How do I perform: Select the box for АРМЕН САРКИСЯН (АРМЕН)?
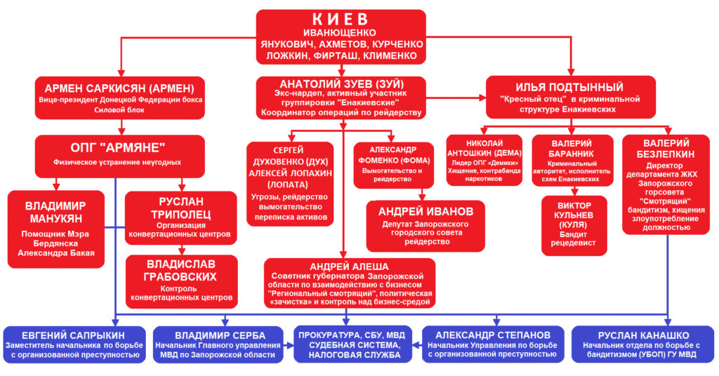click(x=120, y=98)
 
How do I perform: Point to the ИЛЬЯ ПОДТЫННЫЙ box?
click(x=569, y=98)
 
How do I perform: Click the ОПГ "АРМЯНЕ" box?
click(x=120, y=152)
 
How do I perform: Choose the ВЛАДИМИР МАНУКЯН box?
click(x=57, y=229)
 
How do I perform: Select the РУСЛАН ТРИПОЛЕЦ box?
click(x=180, y=215)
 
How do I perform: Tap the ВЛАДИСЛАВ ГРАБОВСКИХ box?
click(x=180, y=281)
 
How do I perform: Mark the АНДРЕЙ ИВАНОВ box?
click(x=420, y=226)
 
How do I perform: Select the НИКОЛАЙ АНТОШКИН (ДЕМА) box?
click(x=484, y=160)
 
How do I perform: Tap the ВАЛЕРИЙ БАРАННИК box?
click(x=569, y=160)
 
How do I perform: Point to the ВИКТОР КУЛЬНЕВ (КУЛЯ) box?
click(x=569, y=224)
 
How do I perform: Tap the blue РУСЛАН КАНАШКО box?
click(x=643, y=344)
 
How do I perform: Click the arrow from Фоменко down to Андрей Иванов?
click(x=420, y=195)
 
